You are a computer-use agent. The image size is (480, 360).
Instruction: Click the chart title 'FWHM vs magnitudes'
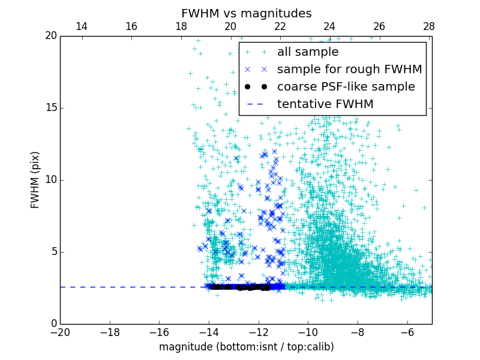click(247, 13)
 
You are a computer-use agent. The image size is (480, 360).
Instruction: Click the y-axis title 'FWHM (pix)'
click(35, 179)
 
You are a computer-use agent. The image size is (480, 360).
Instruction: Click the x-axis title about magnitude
click(247, 347)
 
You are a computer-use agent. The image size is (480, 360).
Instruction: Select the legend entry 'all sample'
click(307, 52)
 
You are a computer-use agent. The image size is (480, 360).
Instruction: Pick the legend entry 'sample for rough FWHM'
click(349, 70)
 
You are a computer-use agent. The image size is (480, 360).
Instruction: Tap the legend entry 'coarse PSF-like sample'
click(346, 87)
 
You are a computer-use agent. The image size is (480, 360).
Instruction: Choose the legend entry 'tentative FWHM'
click(325, 104)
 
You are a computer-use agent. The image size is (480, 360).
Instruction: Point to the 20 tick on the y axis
click(50, 36)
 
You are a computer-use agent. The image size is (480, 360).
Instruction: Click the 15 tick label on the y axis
click(50, 108)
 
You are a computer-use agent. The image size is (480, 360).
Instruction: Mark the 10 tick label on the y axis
click(50, 180)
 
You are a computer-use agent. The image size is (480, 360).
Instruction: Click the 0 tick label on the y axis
click(53, 324)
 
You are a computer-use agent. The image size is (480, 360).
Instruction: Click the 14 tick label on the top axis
click(82, 26)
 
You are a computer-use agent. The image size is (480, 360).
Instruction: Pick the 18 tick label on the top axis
click(181, 26)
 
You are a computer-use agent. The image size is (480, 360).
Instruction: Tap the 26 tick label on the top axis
click(379, 26)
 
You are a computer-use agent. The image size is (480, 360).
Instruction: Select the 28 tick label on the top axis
click(428, 26)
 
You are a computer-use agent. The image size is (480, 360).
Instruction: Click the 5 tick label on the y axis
click(53, 252)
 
